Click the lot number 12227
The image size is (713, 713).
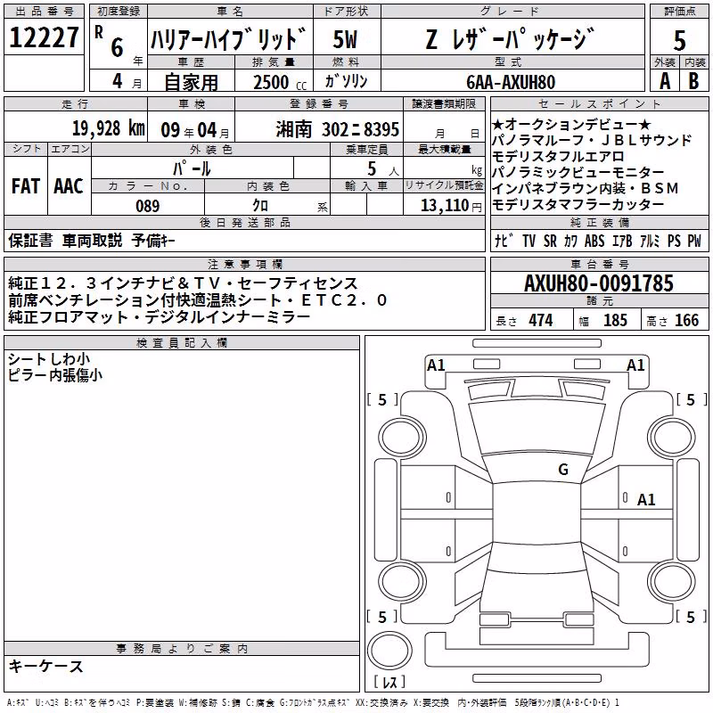click(x=44, y=37)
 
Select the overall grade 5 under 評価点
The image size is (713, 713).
click(x=679, y=40)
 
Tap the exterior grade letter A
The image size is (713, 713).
click(x=665, y=81)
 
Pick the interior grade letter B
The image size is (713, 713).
click(x=693, y=81)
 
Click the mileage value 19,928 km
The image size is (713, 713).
click(x=108, y=128)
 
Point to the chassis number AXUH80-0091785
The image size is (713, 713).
click(x=599, y=283)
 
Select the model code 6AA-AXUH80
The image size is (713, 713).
click(x=511, y=82)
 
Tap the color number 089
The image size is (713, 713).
click(x=148, y=206)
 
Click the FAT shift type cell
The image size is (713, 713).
click(x=26, y=186)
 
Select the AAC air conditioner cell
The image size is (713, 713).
click(x=69, y=186)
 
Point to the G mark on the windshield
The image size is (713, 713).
click(x=563, y=470)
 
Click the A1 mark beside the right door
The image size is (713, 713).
click(x=646, y=500)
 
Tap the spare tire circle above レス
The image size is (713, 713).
click(x=389, y=650)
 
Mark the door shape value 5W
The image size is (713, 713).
click(x=345, y=39)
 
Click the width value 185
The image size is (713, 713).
click(x=615, y=320)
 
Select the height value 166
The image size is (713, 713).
click(x=686, y=320)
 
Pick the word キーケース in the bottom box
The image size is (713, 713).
click(x=46, y=666)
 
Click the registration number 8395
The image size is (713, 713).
click(x=381, y=129)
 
